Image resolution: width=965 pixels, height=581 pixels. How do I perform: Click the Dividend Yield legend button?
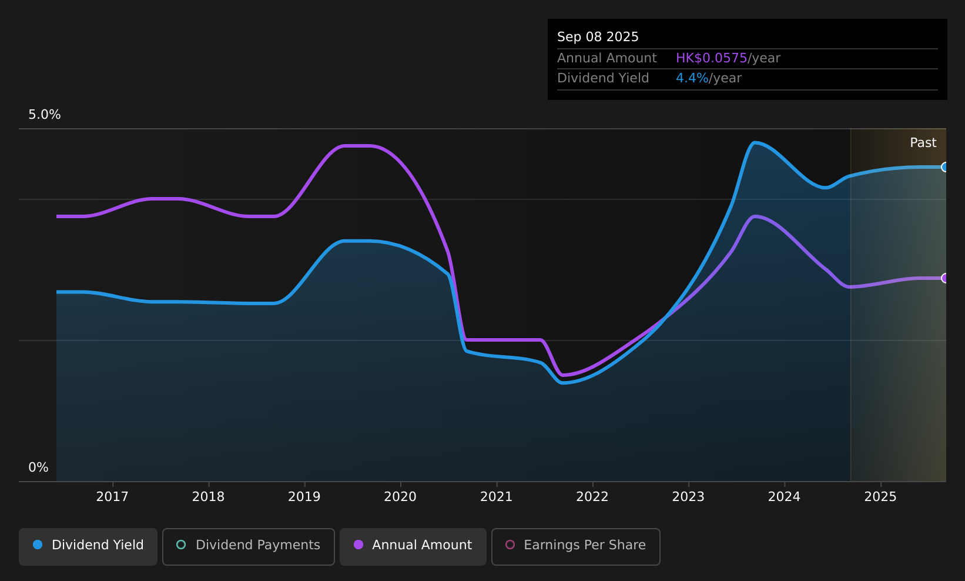(88, 546)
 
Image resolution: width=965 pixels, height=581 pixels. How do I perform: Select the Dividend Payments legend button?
(249, 546)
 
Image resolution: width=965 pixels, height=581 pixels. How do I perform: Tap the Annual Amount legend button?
(413, 546)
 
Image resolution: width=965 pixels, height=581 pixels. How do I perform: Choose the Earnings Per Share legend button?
(575, 546)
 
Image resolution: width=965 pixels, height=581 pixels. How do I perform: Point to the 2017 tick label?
(112, 497)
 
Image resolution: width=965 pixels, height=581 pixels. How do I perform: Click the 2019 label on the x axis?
(304, 497)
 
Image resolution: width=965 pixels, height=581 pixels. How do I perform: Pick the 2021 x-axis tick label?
(497, 497)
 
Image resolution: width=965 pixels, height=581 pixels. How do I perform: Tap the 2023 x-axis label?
(688, 497)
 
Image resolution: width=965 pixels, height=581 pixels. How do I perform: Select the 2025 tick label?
(880, 497)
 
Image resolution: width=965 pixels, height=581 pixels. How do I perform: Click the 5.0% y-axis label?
(45, 115)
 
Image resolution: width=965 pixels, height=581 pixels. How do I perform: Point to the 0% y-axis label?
(38, 468)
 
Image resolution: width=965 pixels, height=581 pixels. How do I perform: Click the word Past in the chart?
(923, 143)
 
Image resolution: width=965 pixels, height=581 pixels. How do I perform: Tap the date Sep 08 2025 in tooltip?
(598, 37)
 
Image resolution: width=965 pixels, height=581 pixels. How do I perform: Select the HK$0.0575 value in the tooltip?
(711, 58)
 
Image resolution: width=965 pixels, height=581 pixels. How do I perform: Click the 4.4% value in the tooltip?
(692, 78)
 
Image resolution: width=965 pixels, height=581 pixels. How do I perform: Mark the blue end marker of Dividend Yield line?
(945, 167)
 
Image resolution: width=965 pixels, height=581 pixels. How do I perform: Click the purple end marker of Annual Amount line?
(945, 278)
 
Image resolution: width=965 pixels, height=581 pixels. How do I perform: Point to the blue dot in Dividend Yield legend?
(38, 545)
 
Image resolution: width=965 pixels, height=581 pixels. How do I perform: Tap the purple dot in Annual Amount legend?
(358, 545)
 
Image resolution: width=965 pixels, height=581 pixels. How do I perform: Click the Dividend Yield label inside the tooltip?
(603, 78)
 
